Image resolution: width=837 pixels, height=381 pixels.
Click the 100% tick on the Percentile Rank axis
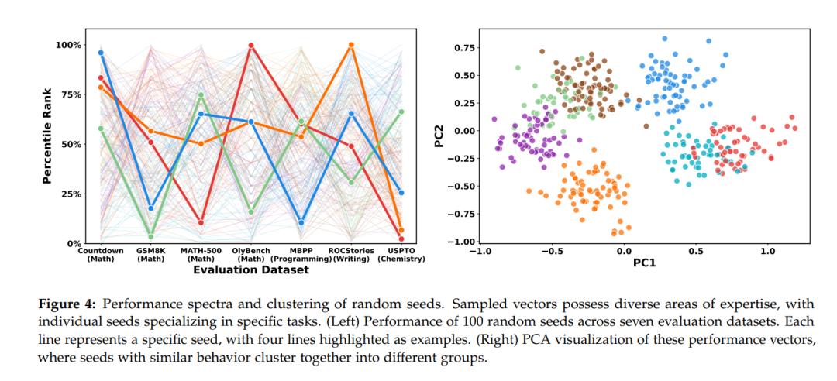pos(67,45)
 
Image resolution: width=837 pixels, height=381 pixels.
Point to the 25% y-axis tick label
pos(71,194)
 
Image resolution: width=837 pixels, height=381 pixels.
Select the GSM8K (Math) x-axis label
pos(150,255)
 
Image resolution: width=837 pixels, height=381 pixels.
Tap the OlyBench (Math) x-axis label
pos(251,255)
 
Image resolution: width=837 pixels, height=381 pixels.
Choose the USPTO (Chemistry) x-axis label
pos(401,255)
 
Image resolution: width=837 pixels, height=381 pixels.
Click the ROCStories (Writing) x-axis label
pos(351,255)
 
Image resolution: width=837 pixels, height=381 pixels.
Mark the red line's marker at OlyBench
pos(251,46)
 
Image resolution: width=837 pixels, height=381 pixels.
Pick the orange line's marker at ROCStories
pos(351,45)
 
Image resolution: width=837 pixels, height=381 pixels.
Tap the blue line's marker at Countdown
pos(101,53)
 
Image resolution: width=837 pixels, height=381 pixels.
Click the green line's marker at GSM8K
pos(150,237)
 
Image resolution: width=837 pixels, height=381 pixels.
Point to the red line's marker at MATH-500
pos(201,223)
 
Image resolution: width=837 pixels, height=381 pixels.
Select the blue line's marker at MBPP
pos(301,223)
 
